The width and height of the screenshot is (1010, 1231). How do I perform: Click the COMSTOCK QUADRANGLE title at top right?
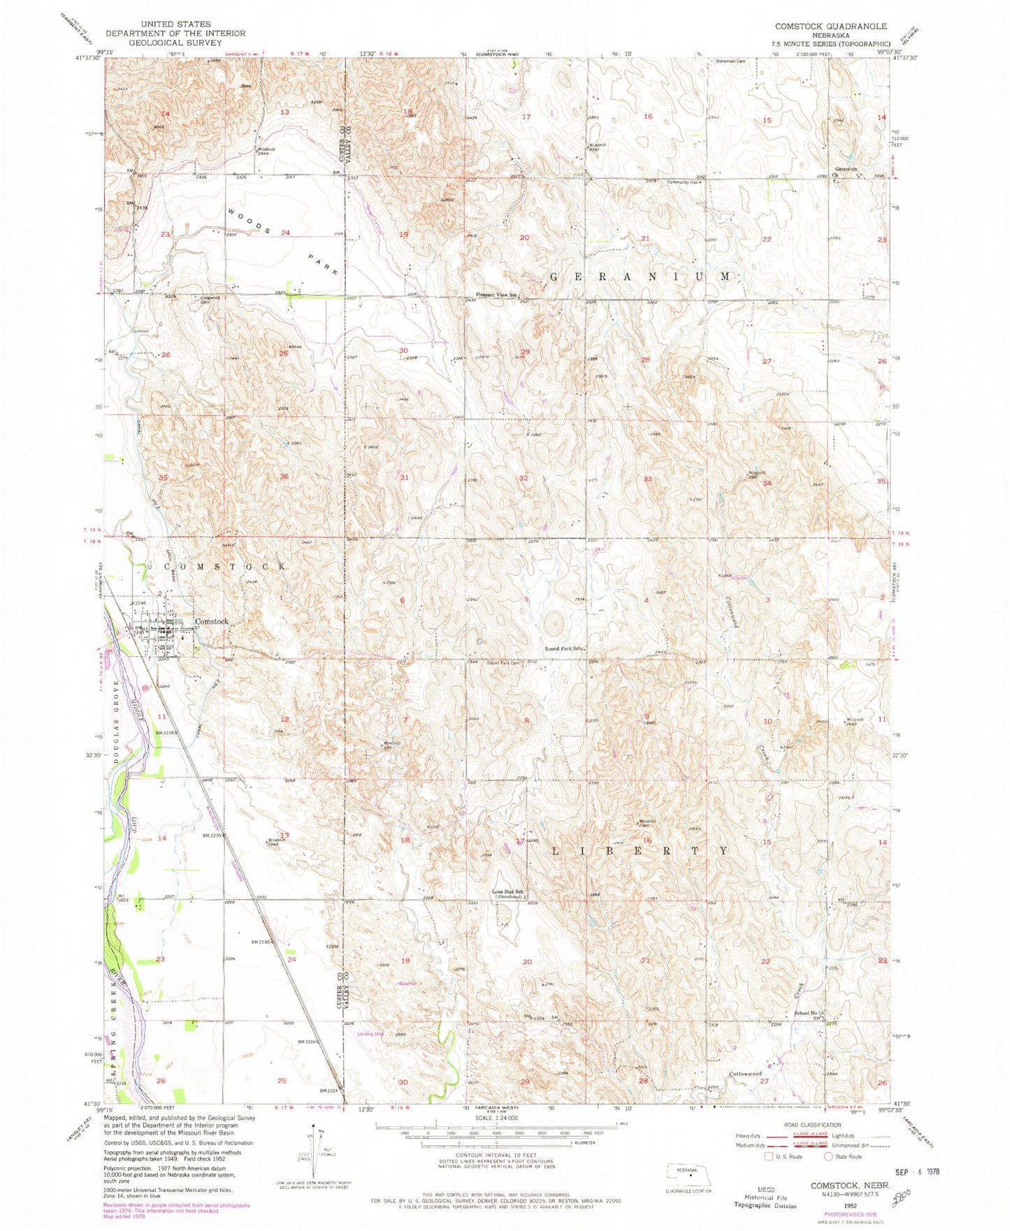pos(830,26)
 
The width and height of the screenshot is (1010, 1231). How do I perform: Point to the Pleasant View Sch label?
pos(497,295)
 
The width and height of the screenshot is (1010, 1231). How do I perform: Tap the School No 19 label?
pos(809,1013)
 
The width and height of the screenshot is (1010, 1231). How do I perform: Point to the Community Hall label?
pos(682,182)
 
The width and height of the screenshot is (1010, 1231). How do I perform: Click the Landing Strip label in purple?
pos(371,1034)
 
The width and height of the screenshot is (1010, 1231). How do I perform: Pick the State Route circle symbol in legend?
pos(829,1156)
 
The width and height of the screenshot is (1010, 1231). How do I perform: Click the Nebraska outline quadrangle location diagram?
pos(688,1174)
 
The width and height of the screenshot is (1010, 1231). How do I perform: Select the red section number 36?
pos(284,476)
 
